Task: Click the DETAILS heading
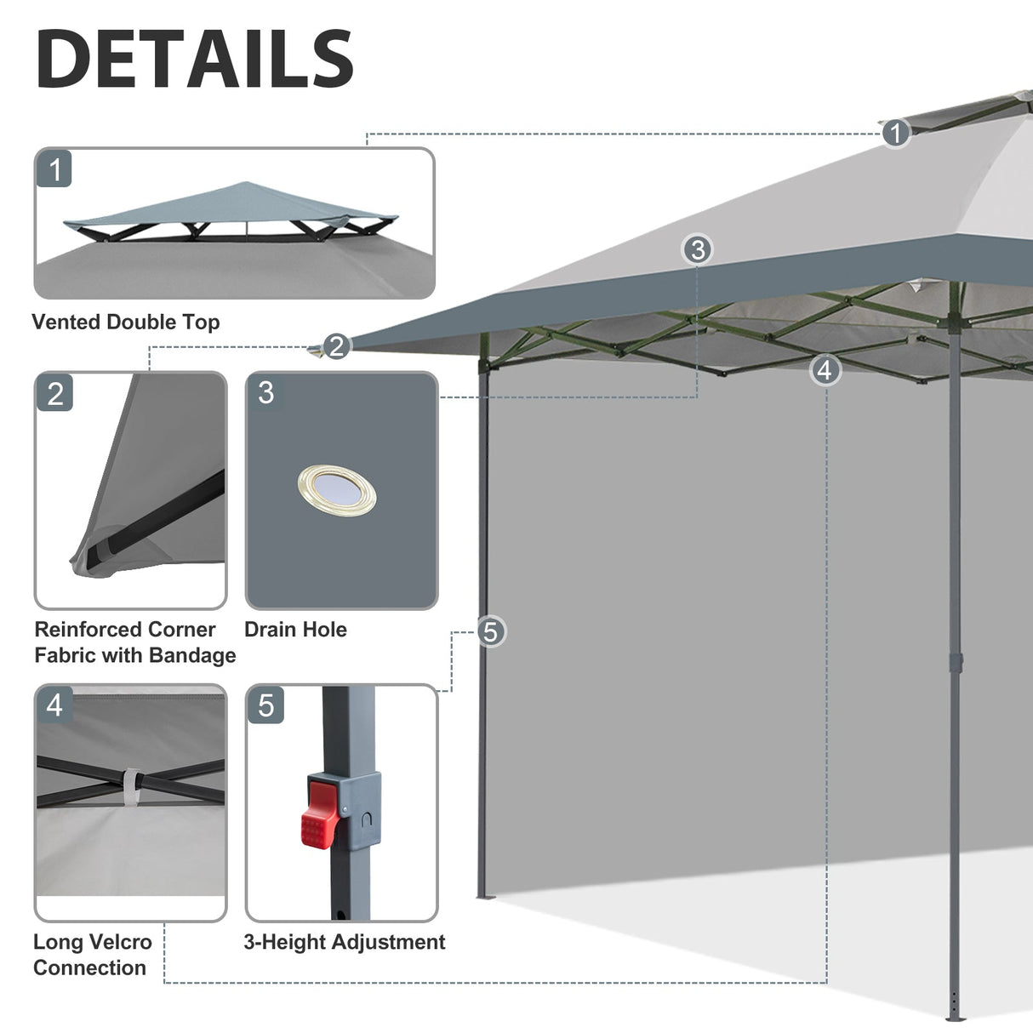(195, 59)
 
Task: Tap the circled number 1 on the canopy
(894, 133)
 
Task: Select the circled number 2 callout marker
(336, 346)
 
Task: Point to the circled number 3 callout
(698, 249)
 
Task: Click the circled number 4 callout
(825, 370)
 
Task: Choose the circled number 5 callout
(490, 631)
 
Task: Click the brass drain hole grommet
(337, 490)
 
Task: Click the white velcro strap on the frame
(131, 786)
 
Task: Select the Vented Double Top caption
(126, 322)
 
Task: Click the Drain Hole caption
(295, 630)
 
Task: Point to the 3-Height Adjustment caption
(344, 942)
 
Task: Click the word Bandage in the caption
(193, 655)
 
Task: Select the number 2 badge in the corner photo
(55, 394)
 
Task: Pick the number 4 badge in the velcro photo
(54, 705)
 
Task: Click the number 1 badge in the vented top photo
(55, 169)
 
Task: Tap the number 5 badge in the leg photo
(265, 705)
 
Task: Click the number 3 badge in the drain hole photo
(265, 393)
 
